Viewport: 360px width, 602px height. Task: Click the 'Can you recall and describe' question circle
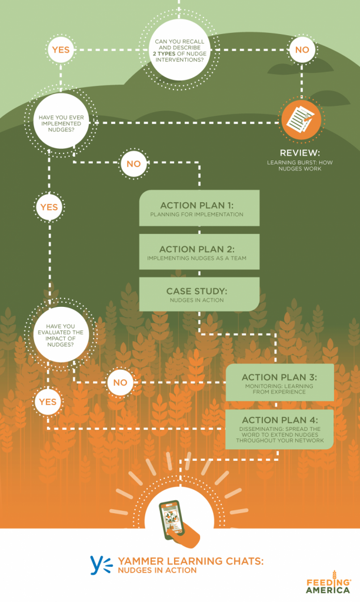click(x=179, y=50)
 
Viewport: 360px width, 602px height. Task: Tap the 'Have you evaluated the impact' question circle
click(x=61, y=335)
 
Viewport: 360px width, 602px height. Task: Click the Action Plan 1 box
click(x=199, y=208)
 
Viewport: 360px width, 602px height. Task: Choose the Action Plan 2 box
click(x=199, y=252)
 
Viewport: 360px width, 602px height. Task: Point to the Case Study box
click(x=199, y=294)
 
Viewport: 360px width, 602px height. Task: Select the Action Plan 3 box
click(x=279, y=383)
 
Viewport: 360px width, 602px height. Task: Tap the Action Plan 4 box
click(x=279, y=429)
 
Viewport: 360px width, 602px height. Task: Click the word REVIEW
click(x=299, y=153)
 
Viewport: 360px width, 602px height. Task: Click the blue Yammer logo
click(x=101, y=565)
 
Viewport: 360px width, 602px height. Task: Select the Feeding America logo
click(x=328, y=583)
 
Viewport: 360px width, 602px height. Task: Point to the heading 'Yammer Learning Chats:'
click(x=191, y=561)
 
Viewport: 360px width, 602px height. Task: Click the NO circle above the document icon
click(x=302, y=50)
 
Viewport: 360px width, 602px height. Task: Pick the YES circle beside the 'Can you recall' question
click(x=61, y=50)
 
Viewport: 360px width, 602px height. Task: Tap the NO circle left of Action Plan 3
click(x=120, y=382)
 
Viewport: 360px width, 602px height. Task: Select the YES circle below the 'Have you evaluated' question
click(x=48, y=402)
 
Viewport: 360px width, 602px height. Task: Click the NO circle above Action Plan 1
click(x=134, y=164)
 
